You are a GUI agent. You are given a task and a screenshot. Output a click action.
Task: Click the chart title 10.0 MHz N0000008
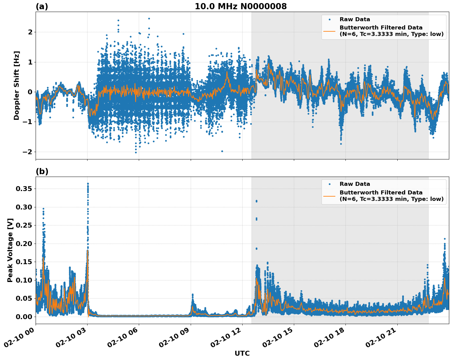241,6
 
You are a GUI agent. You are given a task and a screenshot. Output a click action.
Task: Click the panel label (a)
42,6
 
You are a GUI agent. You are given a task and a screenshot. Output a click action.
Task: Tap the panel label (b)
42,171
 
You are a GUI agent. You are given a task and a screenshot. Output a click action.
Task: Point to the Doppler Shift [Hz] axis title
17,85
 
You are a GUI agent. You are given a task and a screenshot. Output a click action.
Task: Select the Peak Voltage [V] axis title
10,250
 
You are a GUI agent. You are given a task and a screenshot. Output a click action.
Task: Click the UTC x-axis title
242,353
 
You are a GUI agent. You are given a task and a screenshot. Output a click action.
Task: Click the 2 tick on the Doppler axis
30,32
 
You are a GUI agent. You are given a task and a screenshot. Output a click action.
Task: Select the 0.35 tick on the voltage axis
24,189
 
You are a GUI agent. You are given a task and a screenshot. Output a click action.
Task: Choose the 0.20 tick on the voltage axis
24,244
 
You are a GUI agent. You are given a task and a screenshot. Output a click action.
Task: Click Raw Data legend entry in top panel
355,19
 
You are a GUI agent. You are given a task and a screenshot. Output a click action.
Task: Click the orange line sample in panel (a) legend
329,31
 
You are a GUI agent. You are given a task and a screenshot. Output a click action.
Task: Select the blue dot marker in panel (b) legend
329,184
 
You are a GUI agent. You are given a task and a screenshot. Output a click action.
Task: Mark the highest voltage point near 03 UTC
88,184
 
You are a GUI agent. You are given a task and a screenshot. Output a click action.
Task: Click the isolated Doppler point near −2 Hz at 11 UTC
222,151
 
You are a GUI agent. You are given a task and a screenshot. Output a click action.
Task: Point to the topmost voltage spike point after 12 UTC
256,201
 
